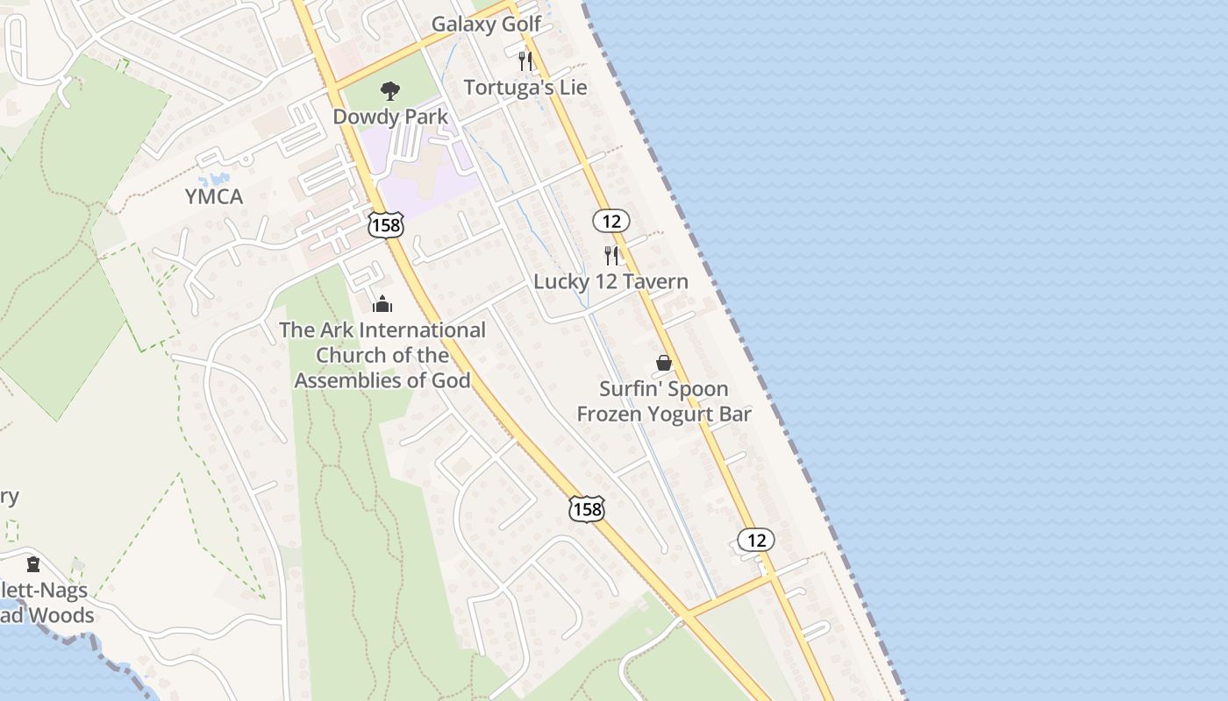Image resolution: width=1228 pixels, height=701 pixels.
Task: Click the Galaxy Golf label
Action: (x=487, y=25)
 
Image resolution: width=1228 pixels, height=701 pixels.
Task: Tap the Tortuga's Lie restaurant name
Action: (x=525, y=88)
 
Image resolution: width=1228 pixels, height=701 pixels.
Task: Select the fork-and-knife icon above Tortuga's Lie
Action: (x=525, y=60)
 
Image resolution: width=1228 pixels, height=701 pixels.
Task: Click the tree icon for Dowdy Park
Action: (x=389, y=90)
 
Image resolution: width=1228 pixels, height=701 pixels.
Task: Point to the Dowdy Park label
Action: (x=390, y=117)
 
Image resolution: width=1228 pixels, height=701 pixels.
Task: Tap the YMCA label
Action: (x=214, y=197)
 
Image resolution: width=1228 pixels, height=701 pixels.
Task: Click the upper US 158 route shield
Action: (x=386, y=224)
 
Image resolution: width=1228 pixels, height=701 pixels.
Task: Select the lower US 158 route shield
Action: (x=586, y=509)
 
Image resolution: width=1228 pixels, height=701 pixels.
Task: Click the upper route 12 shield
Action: (x=610, y=221)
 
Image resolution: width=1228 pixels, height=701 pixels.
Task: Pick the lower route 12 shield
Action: (x=755, y=540)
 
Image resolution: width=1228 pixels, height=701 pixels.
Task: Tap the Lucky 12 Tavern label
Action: (x=610, y=282)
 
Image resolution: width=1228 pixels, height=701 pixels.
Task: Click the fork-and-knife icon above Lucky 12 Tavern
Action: (x=611, y=256)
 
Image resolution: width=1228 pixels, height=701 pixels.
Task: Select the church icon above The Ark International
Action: (x=382, y=305)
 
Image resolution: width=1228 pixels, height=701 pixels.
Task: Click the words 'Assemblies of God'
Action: (x=382, y=380)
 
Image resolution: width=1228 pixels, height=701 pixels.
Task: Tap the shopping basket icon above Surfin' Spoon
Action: (x=664, y=363)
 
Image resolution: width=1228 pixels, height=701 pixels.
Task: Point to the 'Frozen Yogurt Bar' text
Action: (x=664, y=414)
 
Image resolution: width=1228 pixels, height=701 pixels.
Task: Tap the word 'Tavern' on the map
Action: (x=657, y=282)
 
